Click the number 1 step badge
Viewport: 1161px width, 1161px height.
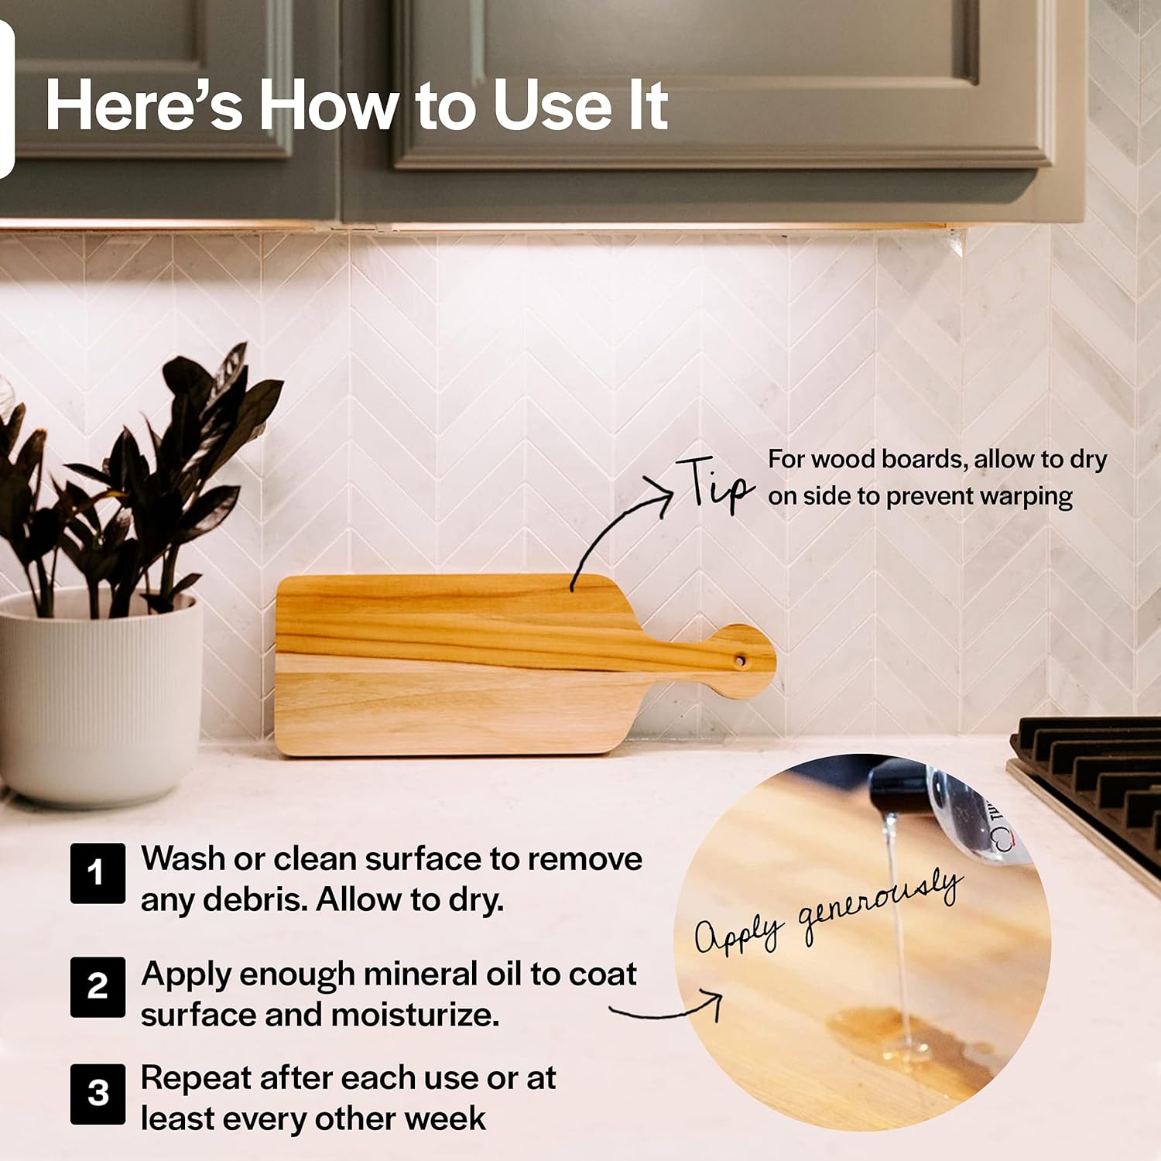coord(98,873)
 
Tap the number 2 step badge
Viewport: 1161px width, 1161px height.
coord(98,987)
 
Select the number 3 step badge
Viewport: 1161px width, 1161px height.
coord(98,1094)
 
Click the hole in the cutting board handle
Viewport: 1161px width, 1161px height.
coord(740,661)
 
